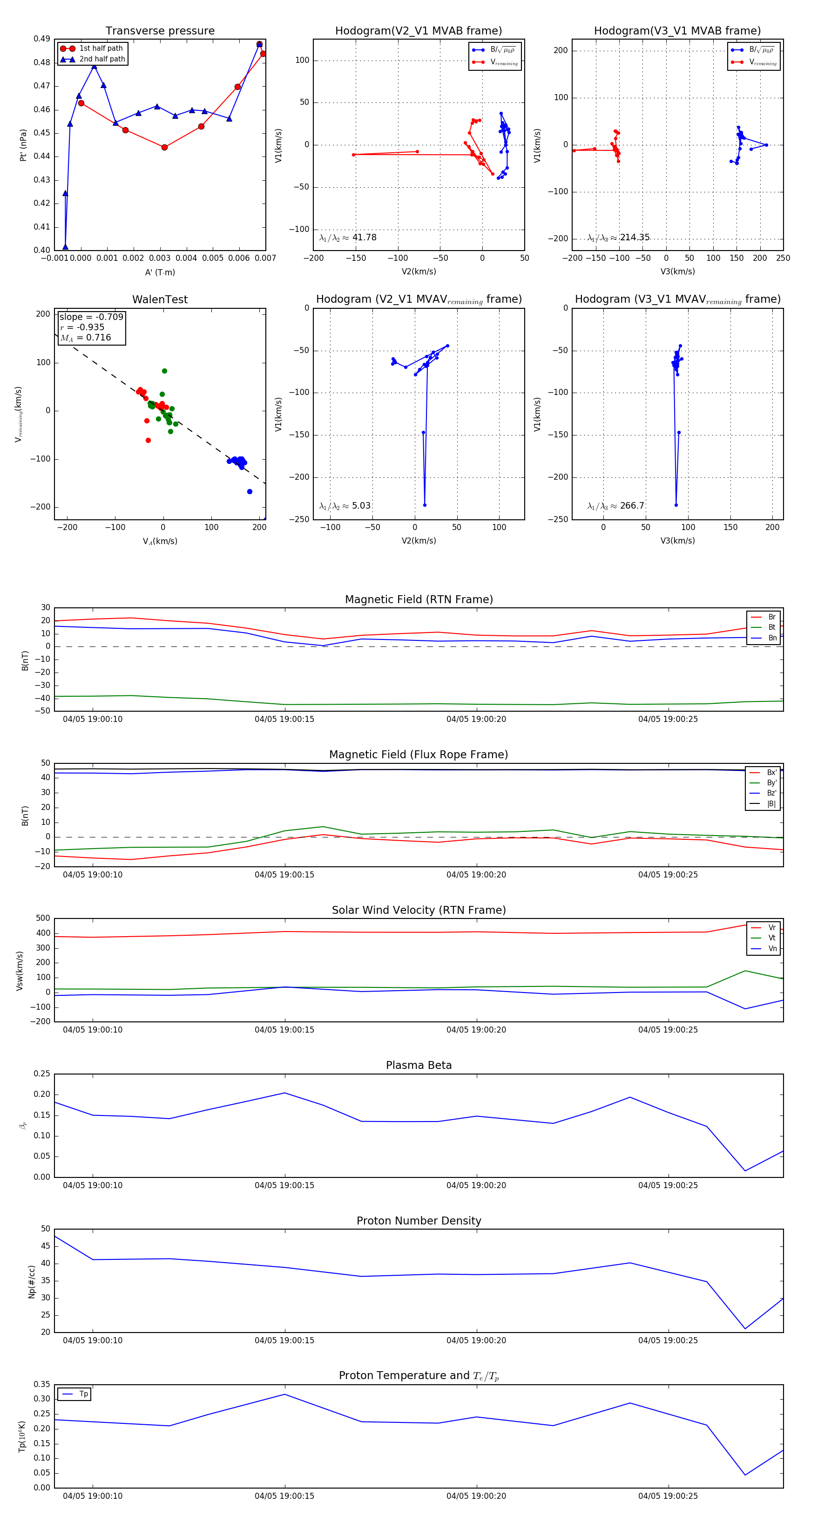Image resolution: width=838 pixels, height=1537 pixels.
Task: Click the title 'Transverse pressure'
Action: [160, 31]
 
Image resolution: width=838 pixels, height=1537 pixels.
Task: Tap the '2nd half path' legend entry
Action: [102, 59]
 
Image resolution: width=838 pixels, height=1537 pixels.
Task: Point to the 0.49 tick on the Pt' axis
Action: [42, 39]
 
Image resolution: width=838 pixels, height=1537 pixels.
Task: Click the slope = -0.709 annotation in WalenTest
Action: [91, 317]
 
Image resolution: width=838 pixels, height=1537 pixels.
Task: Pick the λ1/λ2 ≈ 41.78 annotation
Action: [348, 238]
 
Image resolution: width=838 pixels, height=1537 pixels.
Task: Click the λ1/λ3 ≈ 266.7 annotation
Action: [615, 506]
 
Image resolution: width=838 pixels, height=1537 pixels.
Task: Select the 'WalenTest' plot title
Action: [160, 299]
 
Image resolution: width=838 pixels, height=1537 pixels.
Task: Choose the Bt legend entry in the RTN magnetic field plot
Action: [771, 627]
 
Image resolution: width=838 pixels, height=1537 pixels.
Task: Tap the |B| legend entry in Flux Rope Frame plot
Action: [771, 804]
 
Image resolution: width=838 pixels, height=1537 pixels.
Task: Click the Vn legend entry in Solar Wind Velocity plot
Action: [772, 949]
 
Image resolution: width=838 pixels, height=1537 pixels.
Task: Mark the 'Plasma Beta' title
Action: [419, 1065]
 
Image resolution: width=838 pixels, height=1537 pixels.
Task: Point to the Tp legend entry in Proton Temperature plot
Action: [83, 1394]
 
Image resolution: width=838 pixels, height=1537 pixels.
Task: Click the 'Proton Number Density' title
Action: [419, 1221]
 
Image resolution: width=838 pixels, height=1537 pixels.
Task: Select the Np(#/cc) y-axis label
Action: [32, 1282]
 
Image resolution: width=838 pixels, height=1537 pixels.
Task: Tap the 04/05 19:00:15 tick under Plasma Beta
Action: [284, 1185]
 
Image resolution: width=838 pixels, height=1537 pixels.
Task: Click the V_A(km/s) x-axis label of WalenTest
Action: [160, 541]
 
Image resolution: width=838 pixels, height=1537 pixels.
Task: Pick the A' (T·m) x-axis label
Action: [160, 272]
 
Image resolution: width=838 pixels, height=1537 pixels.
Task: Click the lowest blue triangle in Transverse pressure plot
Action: [66, 246]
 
